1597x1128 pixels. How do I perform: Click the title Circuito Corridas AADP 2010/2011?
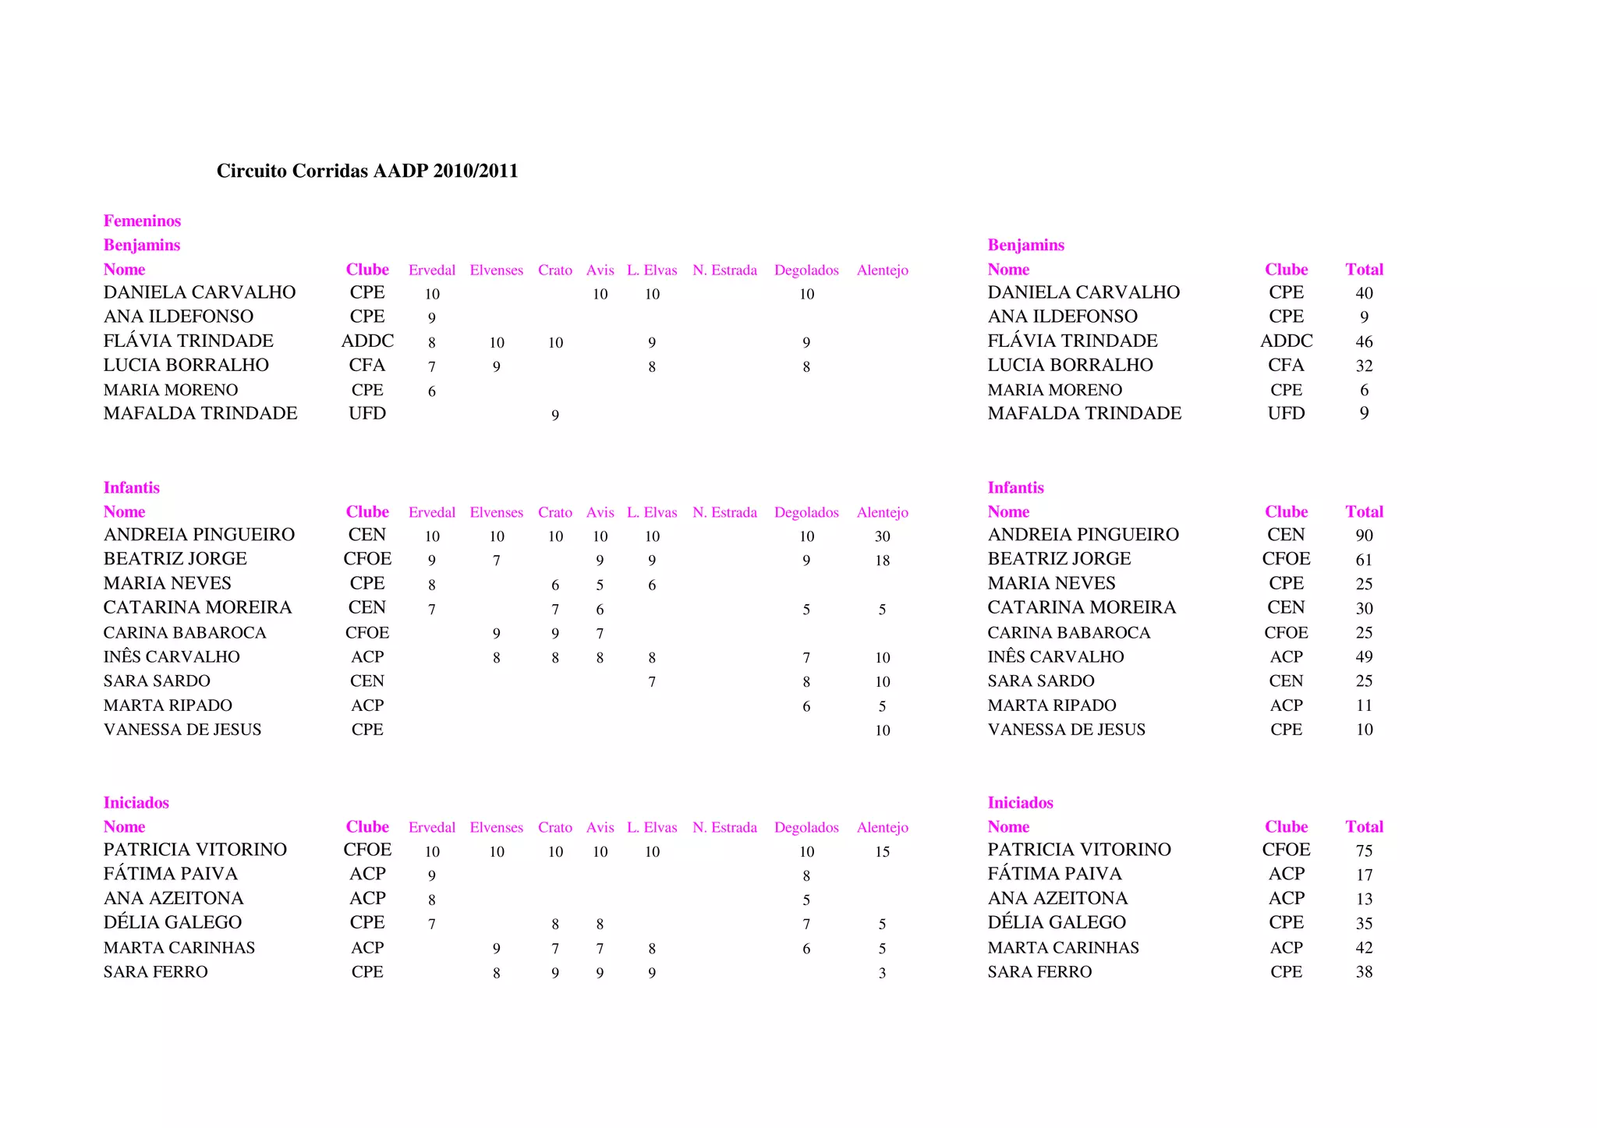tap(367, 171)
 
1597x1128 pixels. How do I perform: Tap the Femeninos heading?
tap(142, 221)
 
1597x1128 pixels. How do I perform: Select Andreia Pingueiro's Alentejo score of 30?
tap(882, 536)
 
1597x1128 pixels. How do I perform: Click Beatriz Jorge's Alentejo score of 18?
tap(882, 560)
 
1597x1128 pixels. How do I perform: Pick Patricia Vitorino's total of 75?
tap(1364, 850)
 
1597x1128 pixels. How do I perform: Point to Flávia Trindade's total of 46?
tap(1364, 341)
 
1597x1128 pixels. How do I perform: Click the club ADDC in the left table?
tap(367, 341)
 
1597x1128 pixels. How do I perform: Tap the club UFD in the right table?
tap(1286, 413)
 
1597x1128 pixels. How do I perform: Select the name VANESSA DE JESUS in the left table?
tap(182, 730)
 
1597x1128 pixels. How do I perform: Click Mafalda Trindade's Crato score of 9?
tap(555, 415)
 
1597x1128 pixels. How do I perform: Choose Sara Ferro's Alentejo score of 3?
tap(882, 973)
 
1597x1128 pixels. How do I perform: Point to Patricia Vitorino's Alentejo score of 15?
tap(882, 852)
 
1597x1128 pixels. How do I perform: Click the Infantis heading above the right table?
tap(1015, 487)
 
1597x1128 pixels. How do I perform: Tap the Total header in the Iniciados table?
tap(1364, 826)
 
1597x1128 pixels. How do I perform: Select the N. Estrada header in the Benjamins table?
tap(724, 270)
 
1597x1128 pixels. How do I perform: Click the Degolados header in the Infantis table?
tap(806, 512)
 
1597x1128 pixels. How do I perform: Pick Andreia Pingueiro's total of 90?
tap(1364, 536)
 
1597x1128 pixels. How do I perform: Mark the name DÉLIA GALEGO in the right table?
tap(1057, 922)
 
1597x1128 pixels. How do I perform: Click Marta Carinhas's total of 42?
tap(1364, 948)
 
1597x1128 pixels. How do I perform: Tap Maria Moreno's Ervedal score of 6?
tap(432, 391)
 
